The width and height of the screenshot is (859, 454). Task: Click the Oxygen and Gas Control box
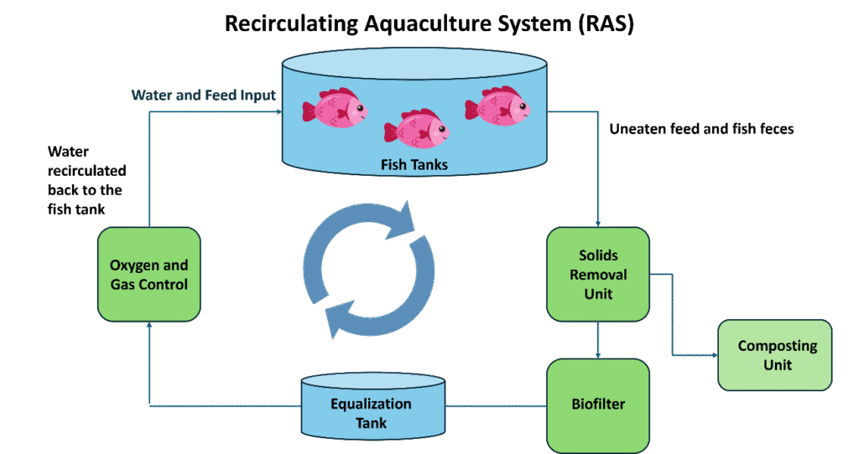tap(148, 275)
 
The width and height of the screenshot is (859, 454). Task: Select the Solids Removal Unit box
tap(598, 274)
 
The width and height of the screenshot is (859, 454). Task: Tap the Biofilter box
tap(598, 405)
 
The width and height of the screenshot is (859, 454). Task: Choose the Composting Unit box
tap(776, 354)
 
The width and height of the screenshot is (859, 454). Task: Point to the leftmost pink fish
tap(335, 110)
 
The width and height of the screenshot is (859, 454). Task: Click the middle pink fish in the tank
tap(416, 129)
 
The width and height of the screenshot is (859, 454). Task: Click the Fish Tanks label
tap(414, 165)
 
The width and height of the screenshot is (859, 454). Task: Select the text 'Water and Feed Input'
tap(203, 95)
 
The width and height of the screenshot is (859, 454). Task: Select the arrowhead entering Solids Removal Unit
tap(598, 224)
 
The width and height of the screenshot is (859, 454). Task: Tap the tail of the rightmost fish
tap(471, 107)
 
